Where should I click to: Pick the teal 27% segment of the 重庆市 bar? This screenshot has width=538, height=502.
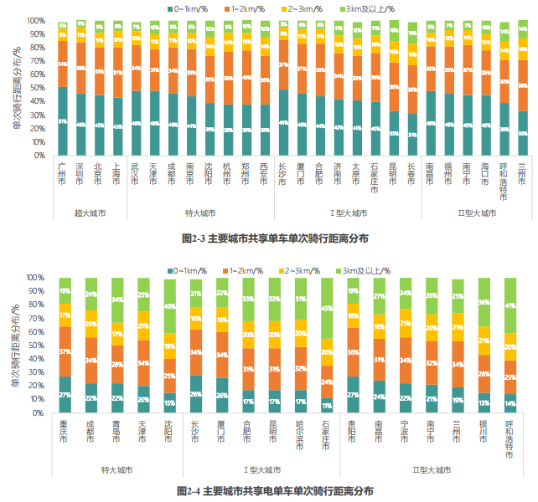tap(65, 394)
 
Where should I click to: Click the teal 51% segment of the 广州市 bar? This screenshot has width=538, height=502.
tap(63, 120)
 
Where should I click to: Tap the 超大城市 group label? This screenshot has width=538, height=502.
tap(90, 213)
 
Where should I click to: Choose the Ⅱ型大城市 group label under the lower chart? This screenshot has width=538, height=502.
tap(432, 470)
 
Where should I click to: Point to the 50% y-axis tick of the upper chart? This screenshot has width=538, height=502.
tap(37, 88)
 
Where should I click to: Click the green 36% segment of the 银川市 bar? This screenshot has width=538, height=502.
tap(485, 302)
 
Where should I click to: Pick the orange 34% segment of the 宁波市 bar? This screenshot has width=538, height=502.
tap(406, 361)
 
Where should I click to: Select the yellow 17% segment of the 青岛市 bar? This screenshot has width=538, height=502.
tap(118, 334)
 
